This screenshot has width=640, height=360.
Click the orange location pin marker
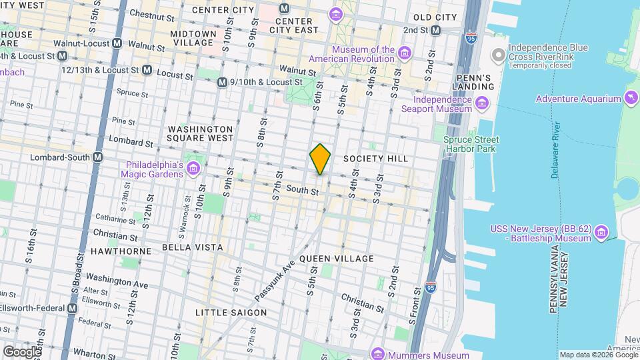point(320,159)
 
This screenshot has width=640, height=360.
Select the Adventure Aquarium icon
point(631,99)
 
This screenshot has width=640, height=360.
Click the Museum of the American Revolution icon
point(404,52)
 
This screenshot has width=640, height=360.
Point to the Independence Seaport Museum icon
point(481,102)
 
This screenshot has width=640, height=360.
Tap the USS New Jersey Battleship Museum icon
point(601,231)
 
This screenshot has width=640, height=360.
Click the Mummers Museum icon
point(378,354)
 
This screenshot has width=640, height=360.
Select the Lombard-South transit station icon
point(98,157)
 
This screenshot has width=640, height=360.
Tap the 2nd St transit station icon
point(435,30)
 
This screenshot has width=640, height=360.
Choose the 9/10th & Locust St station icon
point(222,82)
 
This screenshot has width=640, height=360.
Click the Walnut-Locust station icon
point(117,43)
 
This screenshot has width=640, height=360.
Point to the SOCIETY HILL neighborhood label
point(375,159)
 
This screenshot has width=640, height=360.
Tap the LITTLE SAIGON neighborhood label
point(231,312)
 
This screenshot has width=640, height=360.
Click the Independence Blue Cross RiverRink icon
point(497,53)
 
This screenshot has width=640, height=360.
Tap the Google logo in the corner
point(21,351)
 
